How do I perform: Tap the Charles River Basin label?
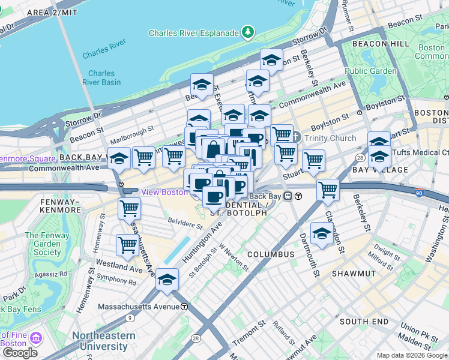coord(101,77)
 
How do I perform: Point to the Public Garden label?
coord(370,71)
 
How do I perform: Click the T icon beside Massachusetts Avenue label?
coord(184,307)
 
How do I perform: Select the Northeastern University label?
coord(100,341)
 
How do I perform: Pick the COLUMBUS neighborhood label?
coord(270,254)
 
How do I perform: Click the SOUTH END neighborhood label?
coord(363,322)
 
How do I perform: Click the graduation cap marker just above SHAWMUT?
coord(322,233)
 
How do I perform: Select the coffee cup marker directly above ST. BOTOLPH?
coord(214,196)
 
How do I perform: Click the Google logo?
coord(20,353)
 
